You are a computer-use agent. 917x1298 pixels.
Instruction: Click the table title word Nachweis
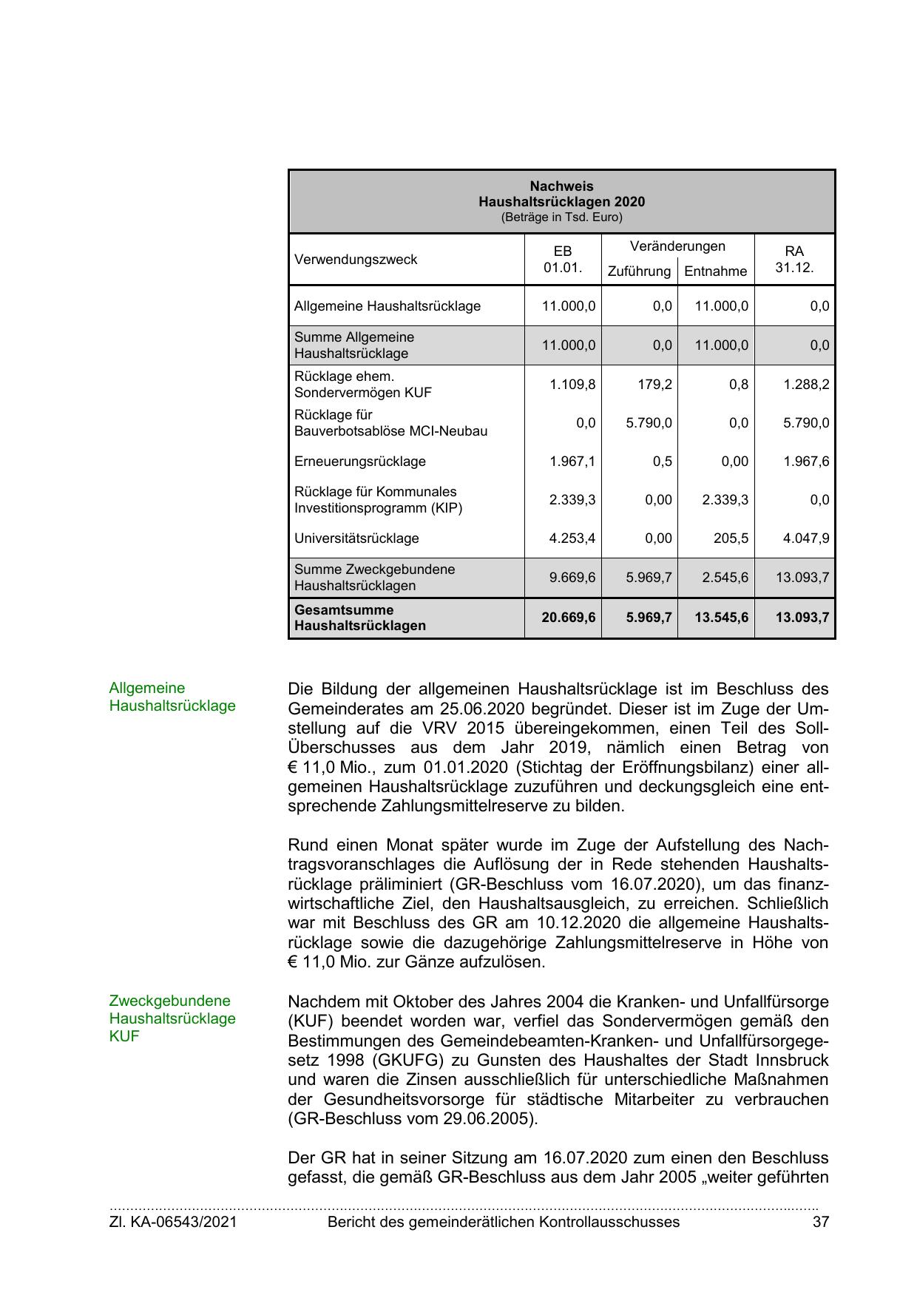click(x=561, y=186)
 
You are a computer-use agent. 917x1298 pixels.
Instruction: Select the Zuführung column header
click(x=639, y=271)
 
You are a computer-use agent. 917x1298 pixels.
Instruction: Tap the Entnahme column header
click(x=715, y=271)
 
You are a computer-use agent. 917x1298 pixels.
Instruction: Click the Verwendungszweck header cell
click(x=356, y=260)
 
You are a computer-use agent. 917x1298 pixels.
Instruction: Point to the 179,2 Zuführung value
click(x=655, y=385)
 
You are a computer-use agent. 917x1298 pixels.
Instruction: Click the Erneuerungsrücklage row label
click(x=360, y=462)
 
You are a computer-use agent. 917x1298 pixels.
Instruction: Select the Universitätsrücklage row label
click(x=356, y=538)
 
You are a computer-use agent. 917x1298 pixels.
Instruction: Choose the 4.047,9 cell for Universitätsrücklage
click(x=806, y=538)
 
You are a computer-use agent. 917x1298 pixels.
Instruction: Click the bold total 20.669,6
click(x=568, y=617)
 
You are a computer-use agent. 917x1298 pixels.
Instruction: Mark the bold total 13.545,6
click(x=721, y=617)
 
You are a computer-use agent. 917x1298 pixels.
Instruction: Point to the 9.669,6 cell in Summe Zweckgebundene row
click(x=572, y=577)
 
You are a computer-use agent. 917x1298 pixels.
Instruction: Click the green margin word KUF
click(x=124, y=1036)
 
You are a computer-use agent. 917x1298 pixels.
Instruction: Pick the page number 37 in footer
click(x=820, y=1222)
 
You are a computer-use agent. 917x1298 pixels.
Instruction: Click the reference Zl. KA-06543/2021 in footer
click(x=173, y=1222)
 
